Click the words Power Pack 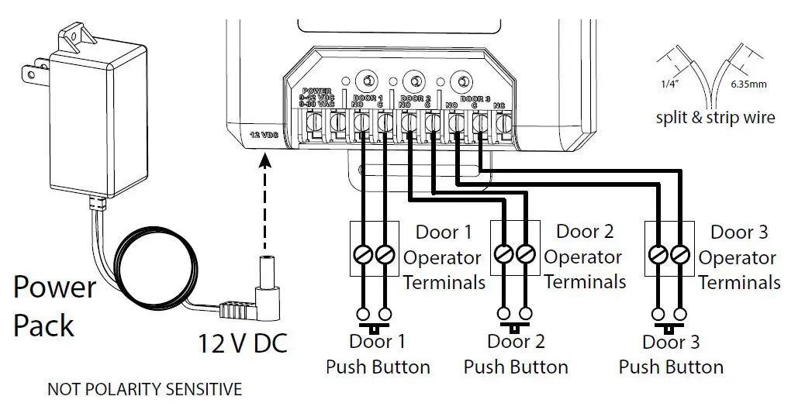[x=54, y=305]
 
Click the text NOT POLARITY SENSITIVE [x=144, y=388]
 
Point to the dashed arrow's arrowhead [x=265, y=160]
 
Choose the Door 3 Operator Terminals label [x=738, y=257]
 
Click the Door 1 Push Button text [x=378, y=353]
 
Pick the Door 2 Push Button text [x=516, y=353]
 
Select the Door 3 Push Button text [x=671, y=353]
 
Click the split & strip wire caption [x=715, y=118]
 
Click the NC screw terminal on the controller [x=503, y=122]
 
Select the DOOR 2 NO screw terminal [x=408, y=122]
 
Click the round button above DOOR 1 [x=366, y=79]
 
